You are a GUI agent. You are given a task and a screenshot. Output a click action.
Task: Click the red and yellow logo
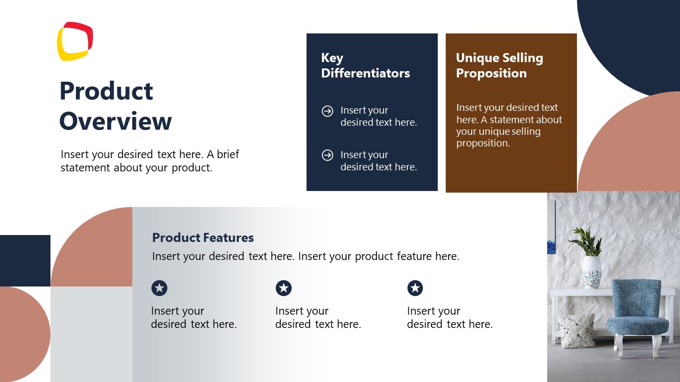[75, 41]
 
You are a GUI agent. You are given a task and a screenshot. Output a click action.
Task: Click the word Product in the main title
[106, 91]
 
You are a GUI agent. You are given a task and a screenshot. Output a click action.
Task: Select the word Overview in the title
[115, 121]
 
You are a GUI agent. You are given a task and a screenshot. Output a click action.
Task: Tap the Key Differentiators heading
[365, 66]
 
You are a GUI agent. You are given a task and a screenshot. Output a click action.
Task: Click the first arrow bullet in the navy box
[327, 111]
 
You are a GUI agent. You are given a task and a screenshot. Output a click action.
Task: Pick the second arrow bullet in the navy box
[327, 155]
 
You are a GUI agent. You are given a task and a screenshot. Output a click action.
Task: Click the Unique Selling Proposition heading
[499, 66]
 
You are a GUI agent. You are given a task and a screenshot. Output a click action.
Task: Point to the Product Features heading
[203, 238]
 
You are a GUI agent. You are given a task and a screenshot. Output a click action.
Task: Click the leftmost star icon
[159, 288]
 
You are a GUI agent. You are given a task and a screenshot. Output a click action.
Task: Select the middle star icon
[284, 288]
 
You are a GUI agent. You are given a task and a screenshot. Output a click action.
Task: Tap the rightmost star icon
[415, 288]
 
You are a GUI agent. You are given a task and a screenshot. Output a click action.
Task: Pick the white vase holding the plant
[591, 272]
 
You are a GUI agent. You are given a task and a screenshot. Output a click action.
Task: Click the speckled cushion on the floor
[577, 330]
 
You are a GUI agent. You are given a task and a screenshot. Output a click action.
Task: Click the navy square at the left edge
[25, 261]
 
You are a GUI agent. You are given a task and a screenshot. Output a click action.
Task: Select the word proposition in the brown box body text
[482, 143]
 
